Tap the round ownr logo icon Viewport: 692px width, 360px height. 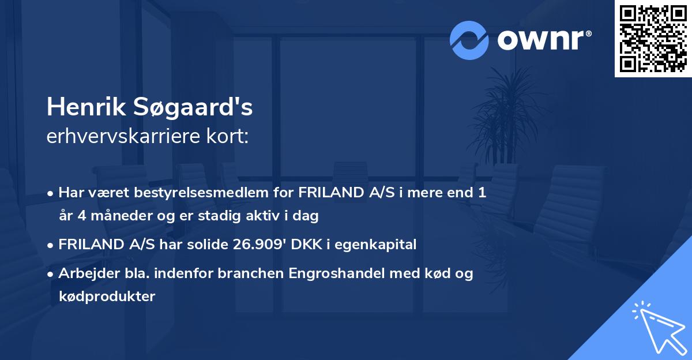[469, 40]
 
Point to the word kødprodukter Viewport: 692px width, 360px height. [107, 297]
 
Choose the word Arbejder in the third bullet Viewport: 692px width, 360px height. [85, 273]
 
